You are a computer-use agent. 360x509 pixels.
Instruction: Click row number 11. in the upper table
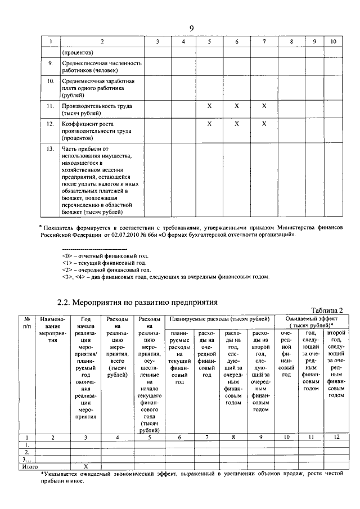coord(50,106)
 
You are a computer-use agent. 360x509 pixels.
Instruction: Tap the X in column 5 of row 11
coord(209,106)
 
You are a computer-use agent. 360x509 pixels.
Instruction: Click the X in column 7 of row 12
coord(264,124)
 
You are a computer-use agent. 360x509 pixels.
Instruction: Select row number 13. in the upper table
coord(50,148)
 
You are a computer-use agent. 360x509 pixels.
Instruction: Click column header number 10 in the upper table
coord(333,42)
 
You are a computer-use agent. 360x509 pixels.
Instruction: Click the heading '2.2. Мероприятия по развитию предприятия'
coord(137,303)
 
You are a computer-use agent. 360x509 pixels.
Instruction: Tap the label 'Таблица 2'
coord(326,310)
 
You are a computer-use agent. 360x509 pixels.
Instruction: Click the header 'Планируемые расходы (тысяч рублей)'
coord(217,319)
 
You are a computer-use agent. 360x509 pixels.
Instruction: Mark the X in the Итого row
coord(85,467)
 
